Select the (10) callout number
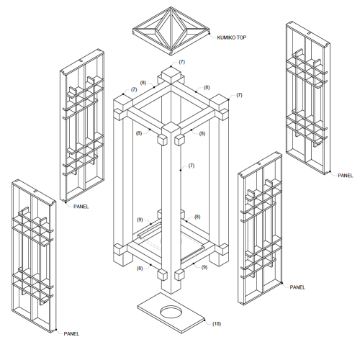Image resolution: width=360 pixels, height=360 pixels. coord(217,325)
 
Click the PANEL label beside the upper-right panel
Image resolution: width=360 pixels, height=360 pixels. coord(346,175)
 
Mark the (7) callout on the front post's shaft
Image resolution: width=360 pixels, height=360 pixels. coord(192,166)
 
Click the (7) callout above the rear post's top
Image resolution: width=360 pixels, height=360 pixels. coord(182,63)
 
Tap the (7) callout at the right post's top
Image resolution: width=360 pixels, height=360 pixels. coord(239,95)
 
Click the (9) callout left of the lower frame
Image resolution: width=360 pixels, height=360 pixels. coord(140,220)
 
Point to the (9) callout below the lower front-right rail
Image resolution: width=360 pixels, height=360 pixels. coord(204,267)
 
